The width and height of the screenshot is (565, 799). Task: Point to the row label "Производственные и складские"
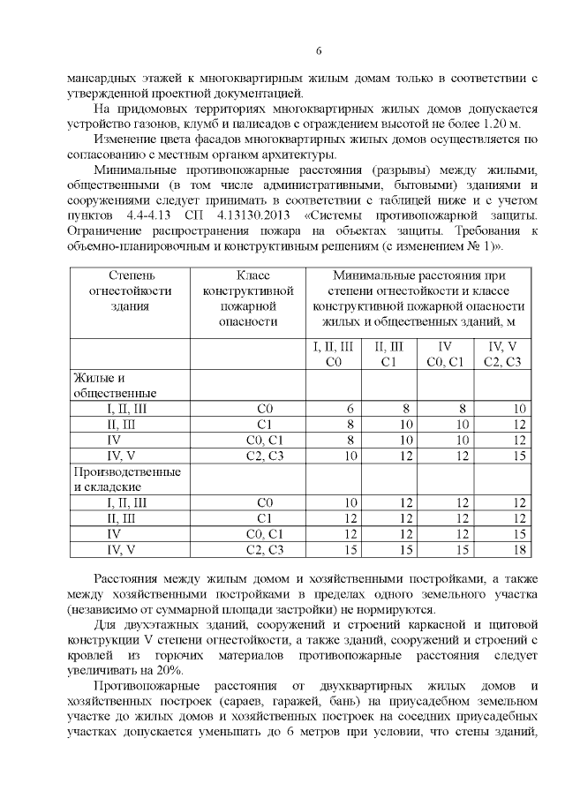click(x=127, y=479)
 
